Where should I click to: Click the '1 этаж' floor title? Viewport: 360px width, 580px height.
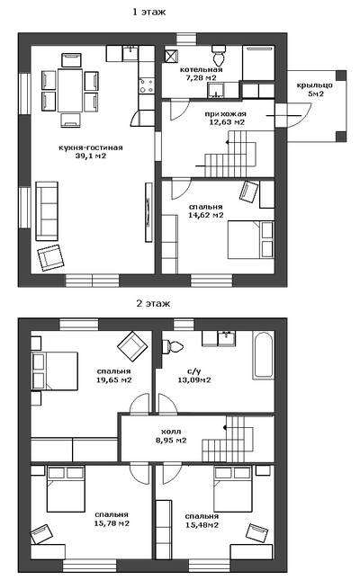tap(149, 13)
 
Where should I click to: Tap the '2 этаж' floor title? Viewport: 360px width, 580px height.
tap(153, 304)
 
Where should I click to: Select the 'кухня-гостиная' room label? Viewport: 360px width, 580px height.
tap(90, 148)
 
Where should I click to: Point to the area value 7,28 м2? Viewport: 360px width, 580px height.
tap(201, 77)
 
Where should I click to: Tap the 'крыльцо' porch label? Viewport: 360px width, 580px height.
tap(314, 85)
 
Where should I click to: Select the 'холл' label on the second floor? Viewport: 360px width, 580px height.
tap(171, 432)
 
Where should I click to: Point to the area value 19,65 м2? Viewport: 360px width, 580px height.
tap(113, 379)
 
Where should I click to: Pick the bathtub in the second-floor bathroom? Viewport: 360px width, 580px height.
tap(264, 355)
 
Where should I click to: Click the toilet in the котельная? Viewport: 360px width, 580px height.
tap(218, 55)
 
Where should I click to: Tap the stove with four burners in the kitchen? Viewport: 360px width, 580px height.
tap(147, 85)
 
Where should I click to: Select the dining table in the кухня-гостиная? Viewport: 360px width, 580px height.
tap(70, 91)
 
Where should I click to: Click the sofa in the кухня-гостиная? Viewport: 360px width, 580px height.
tap(47, 211)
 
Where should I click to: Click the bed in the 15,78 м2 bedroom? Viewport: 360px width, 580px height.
tap(66, 489)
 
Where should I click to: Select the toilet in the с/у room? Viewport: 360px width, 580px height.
tap(173, 346)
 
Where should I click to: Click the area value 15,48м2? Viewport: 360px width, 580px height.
tap(202, 525)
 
